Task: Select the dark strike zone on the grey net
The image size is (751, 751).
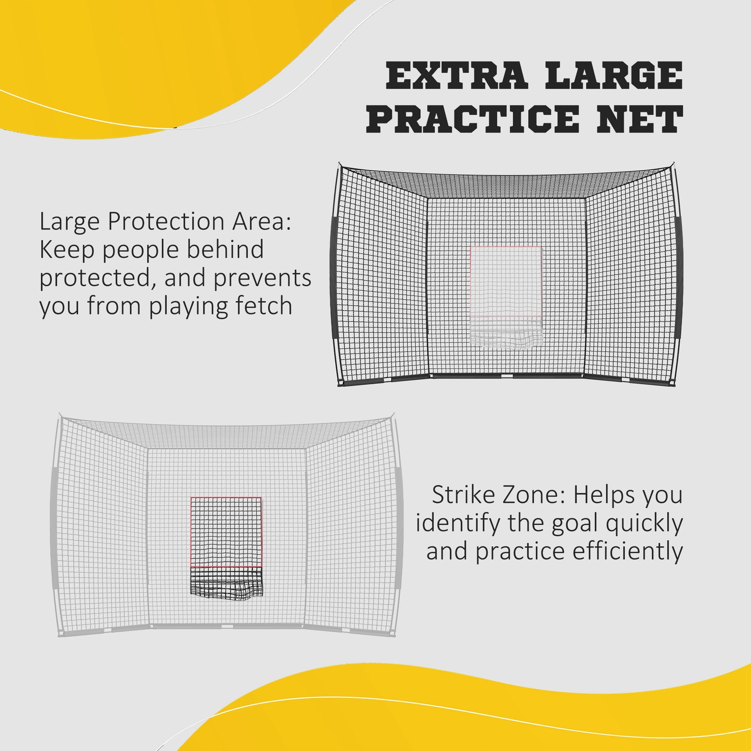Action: point(226,531)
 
